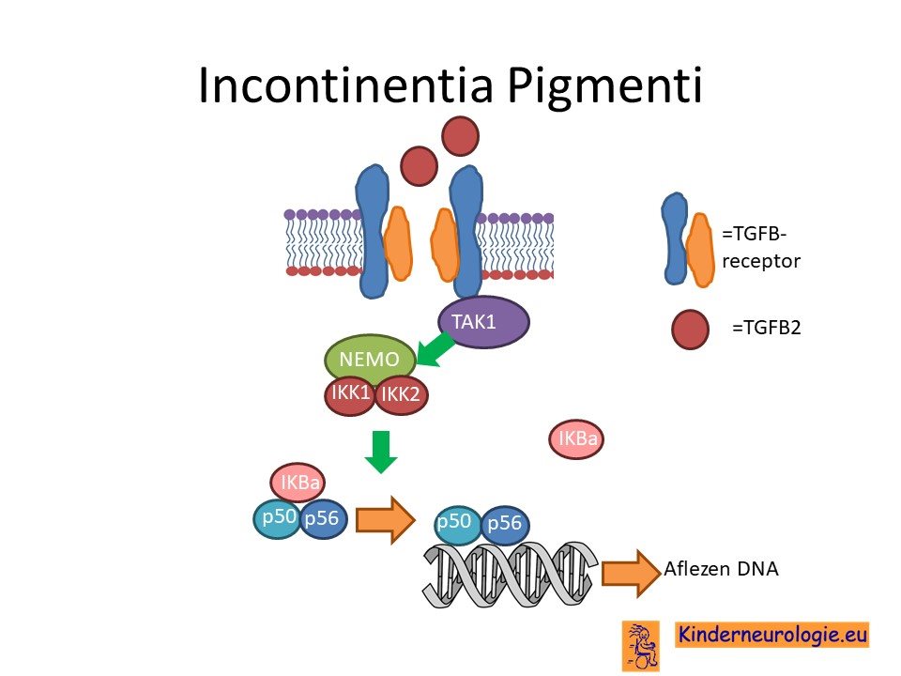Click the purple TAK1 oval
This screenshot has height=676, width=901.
(x=483, y=322)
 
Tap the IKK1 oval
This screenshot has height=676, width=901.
(x=350, y=395)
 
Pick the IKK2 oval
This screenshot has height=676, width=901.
(x=402, y=395)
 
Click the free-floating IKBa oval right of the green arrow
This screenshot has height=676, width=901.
(x=576, y=439)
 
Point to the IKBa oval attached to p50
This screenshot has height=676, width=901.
(x=298, y=483)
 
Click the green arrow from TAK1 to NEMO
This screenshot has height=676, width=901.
(x=435, y=349)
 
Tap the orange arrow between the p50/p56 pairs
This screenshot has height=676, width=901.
(x=385, y=519)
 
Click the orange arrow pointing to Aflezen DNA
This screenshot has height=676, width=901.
(x=631, y=573)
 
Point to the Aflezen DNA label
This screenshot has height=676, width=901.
(x=721, y=569)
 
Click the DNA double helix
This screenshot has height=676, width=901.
(x=511, y=575)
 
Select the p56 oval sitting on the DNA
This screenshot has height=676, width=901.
(x=505, y=524)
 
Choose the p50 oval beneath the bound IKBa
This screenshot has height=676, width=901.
(x=278, y=519)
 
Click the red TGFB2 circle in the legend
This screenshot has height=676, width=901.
(x=690, y=330)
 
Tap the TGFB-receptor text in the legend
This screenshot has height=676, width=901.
(x=761, y=248)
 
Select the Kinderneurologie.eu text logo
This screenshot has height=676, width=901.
(x=771, y=636)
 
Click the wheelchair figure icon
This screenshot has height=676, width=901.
(x=641, y=646)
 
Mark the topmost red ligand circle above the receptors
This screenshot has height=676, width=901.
(x=460, y=136)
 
